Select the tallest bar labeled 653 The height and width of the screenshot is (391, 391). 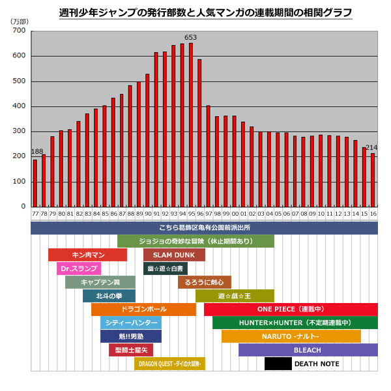click(191, 124)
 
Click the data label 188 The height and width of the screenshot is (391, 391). click(37, 152)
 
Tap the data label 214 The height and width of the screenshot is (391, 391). click(371, 147)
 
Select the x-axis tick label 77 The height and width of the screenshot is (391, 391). click(35, 213)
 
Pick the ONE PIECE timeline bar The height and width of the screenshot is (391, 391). click(291, 309)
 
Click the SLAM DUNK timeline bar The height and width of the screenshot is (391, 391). click(174, 255)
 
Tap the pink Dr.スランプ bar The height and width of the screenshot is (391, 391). click(79, 268)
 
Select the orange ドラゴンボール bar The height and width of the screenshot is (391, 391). click(143, 309)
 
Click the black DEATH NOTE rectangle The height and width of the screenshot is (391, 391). click(278, 364)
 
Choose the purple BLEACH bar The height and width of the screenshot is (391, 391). click(308, 350)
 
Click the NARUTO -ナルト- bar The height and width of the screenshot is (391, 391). click(291, 336)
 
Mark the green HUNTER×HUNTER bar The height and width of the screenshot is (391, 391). click(295, 323)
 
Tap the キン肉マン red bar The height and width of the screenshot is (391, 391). click(87, 255)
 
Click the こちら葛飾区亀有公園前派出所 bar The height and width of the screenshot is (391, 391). click(204, 227)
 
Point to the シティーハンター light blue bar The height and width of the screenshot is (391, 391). click(130, 323)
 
